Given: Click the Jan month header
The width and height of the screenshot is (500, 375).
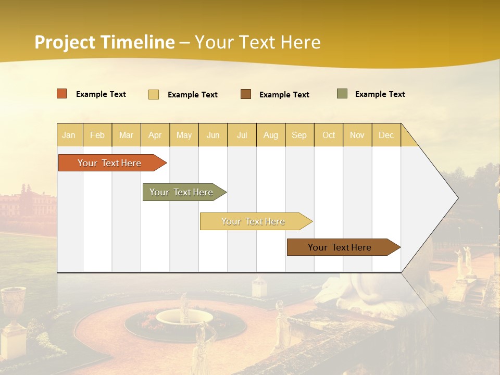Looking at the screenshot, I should (69, 135).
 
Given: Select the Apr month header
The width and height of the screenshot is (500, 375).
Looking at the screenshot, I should (155, 135).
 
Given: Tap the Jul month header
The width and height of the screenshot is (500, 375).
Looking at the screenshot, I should (242, 135).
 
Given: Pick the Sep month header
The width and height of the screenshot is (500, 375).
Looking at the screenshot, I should (299, 135).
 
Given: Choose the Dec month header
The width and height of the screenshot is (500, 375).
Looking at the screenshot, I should (386, 135).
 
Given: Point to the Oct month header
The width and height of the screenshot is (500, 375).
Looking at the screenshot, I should (329, 135).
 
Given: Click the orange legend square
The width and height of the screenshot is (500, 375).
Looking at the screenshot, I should (62, 94).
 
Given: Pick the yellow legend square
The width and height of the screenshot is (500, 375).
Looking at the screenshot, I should (154, 94).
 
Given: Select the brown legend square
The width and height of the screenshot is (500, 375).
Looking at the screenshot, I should (246, 94).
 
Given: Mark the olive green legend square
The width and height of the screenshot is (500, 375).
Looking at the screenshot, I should (342, 94).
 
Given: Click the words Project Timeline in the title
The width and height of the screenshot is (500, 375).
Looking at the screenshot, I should (105, 42).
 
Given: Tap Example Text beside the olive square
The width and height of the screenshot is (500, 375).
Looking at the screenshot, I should (380, 94).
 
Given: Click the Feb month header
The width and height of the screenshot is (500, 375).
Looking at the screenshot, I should (97, 135).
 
